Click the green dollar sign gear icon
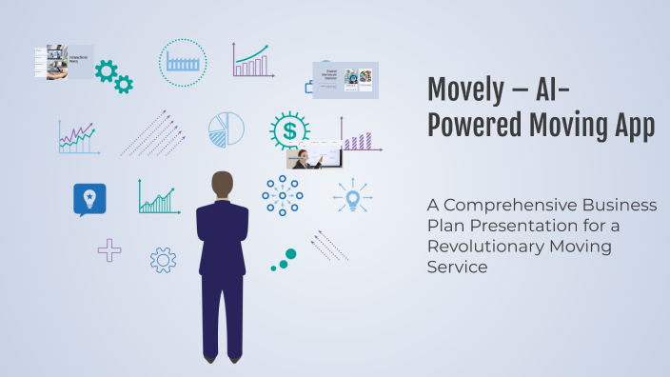[x=288, y=129]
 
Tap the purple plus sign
[x=109, y=250]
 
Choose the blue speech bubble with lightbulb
[x=89, y=199]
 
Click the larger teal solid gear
[x=106, y=69]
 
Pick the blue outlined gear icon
[x=163, y=259]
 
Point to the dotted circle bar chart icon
[x=182, y=63]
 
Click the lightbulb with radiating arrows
[x=352, y=198]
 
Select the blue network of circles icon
[x=282, y=195]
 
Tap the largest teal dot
[x=290, y=254]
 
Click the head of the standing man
[x=222, y=186]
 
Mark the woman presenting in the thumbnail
[x=302, y=158]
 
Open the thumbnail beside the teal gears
[x=64, y=61]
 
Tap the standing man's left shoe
[x=234, y=358]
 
